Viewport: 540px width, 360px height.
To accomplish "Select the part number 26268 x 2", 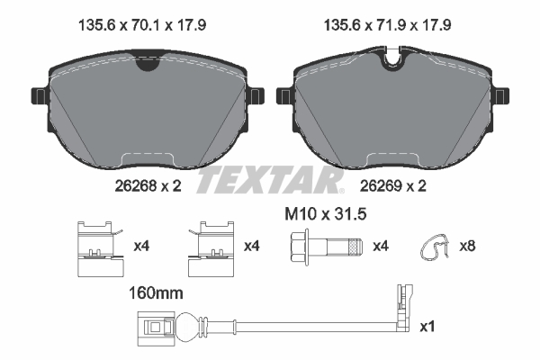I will tap(136, 186).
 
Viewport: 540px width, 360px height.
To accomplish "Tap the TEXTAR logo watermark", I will tap(270, 179).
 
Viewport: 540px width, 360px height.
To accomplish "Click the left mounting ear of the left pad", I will tap(38, 94).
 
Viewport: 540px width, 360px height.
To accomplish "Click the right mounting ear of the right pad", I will tap(501, 94).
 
